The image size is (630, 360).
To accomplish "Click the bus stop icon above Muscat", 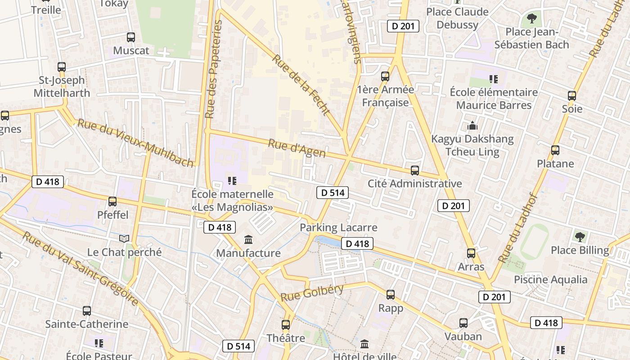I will click(131, 37).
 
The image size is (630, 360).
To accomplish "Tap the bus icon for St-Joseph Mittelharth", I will click(62, 67).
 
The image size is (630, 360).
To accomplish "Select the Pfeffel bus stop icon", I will click(112, 202).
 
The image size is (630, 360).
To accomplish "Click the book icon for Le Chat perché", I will click(124, 238).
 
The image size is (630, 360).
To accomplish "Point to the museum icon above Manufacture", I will click(248, 239).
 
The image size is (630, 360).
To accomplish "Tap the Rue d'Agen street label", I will click(297, 148).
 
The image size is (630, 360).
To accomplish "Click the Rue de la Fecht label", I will click(301, 85).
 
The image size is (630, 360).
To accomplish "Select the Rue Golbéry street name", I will click(312, 293).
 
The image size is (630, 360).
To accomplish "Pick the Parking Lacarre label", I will click(338, 227).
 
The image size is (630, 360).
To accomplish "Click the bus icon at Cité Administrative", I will click(415, 171).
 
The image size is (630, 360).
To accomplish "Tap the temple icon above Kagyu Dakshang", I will click(472, 126).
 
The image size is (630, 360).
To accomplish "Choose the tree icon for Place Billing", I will click(580, 237).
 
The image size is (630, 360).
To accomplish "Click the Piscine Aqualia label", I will click(550, 279).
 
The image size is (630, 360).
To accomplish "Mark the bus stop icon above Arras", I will click(471, 253).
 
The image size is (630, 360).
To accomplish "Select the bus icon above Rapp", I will click(391, 295).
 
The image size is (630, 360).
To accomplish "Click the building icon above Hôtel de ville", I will click(364, 344).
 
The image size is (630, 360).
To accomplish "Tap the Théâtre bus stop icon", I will click(286, 324).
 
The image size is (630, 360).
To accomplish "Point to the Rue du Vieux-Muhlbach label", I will click(135, 143).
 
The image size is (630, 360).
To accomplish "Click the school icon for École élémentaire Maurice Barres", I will click(494, 79).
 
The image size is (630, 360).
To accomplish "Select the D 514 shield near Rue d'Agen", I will click(333, 193).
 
